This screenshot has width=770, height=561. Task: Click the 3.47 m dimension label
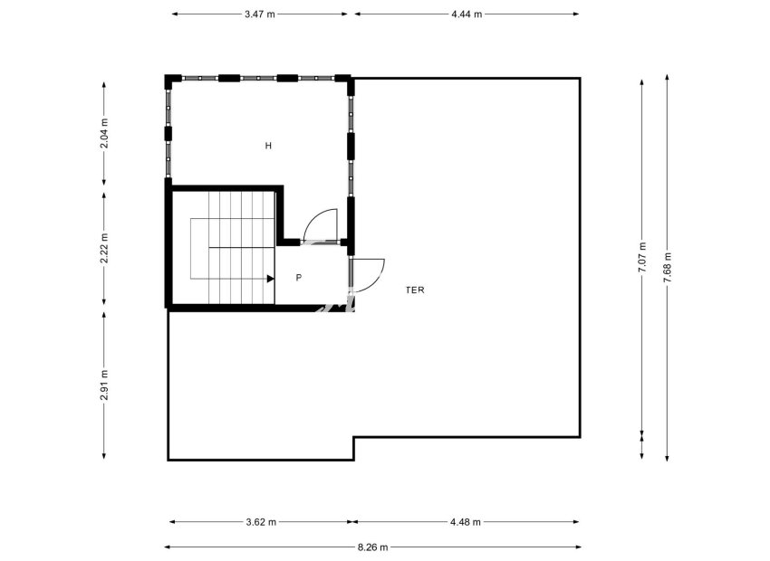[x=260, y=14]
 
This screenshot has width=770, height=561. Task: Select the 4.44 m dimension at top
[x=467, y=14]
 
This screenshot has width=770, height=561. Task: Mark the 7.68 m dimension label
[x=668, y=268]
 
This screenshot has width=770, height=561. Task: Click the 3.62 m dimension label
[x=261, y=522]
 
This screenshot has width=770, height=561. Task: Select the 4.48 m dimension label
[x=466, y=522]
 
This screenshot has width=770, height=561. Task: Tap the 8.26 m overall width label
[x=372, y=547]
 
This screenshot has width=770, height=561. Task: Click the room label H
[x=268, y=146]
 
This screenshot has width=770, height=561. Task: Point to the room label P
[x=298, y=278]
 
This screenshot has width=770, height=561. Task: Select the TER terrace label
[x=415, y=290]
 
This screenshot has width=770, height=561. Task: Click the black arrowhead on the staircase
[x=270, y=280]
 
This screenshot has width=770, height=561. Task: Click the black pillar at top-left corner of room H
[x=169, y=81]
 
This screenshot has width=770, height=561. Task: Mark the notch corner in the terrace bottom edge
[x=353, y=438]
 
